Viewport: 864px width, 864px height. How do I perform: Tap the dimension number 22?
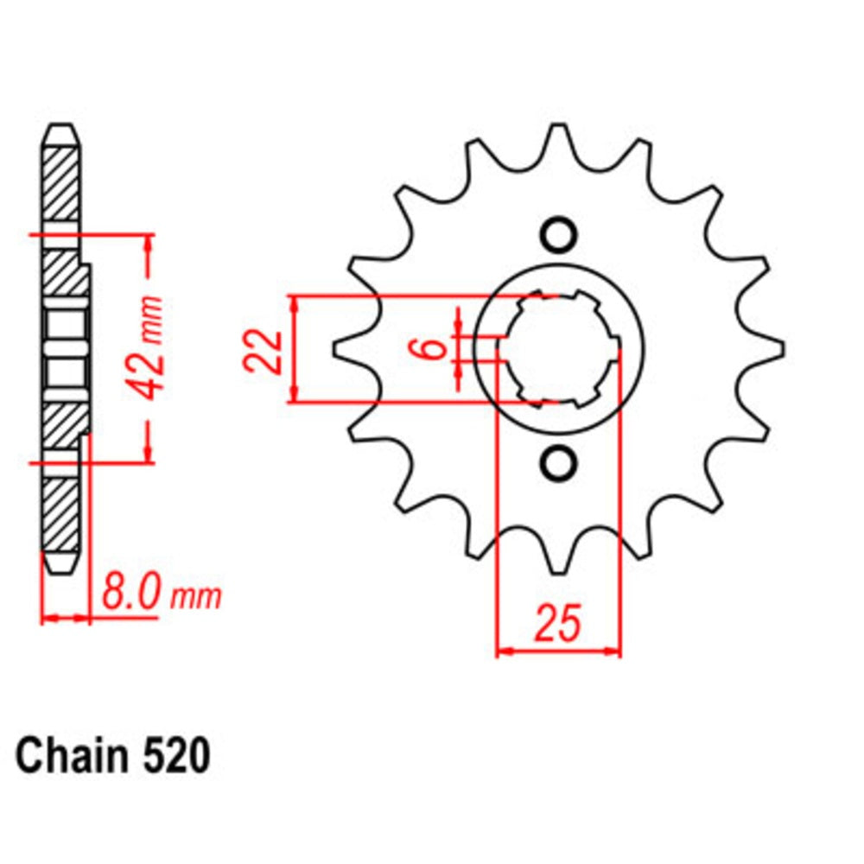264,350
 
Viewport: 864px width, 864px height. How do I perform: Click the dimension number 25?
558,624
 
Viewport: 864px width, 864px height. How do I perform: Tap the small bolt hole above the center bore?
557,234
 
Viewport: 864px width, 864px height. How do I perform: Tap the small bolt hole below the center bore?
557,464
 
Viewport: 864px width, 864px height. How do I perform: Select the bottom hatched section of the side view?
61,513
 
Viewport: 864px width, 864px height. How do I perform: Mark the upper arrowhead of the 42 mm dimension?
149,242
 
